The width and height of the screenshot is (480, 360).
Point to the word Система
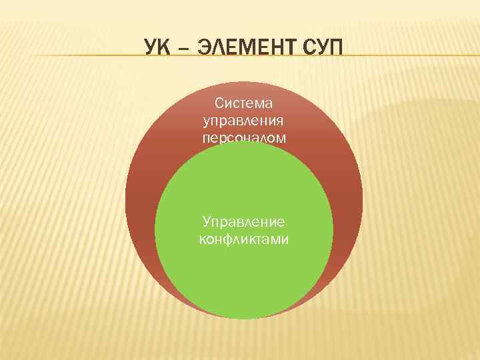[244, 103]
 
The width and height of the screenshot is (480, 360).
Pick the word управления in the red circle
[244, 121]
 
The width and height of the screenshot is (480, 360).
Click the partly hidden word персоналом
[244, 137]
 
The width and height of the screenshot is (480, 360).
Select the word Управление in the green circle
[244, 221]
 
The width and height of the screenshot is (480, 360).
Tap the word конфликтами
[244, 239]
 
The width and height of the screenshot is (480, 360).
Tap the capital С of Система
[218, 103]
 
